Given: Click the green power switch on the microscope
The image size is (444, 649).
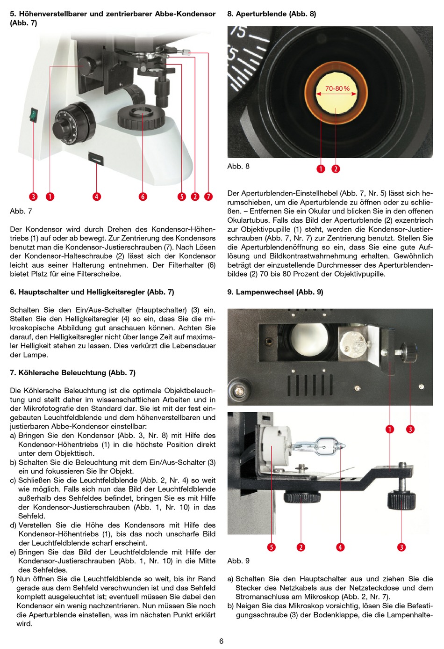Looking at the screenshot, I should pyautogui.click(x=33, y=114).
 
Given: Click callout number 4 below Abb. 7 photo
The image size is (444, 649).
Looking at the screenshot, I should pyautogui.click(x=97, y=197).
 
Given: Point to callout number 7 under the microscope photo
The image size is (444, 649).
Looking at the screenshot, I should pyautogui.click(x=208, y=197).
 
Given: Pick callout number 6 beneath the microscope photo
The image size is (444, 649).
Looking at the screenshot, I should pyautogui.click(x=143, y=197).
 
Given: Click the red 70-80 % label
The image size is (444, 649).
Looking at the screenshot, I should pyautogui.click(x=337, y=88).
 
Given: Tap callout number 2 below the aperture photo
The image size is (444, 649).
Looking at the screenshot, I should pyautogui.click(x=336, y=168).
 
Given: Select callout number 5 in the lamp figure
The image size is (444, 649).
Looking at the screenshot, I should pyautogui.click(x=271, y=547).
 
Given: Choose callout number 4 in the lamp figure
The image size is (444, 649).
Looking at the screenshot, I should pyautogui.click(x=340, y=547).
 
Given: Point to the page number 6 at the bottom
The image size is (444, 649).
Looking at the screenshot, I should pyautogui.click(x=222, y=641).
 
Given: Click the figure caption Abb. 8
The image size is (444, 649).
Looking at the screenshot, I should pyautogui.click(x=238, y=166).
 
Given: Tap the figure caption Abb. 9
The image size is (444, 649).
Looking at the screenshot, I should pyautogui.click(x=238, y=561).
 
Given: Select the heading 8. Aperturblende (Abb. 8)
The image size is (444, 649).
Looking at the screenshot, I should pyautogui.click(x=272, y=14).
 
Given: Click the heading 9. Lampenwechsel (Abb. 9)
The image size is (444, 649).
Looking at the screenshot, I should pyautogui.click(x=275, y=292).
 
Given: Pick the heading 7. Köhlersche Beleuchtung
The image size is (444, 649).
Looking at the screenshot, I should pyautogui.click(x=72, y=372).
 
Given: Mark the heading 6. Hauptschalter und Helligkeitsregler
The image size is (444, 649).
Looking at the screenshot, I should pyautogui.click(x=92, y=292).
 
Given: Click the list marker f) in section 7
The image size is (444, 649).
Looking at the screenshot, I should pyautogui.click(x=12, y=579).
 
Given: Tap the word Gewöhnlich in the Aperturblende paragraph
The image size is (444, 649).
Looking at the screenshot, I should pyautogui.click(x=413, y=256).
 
